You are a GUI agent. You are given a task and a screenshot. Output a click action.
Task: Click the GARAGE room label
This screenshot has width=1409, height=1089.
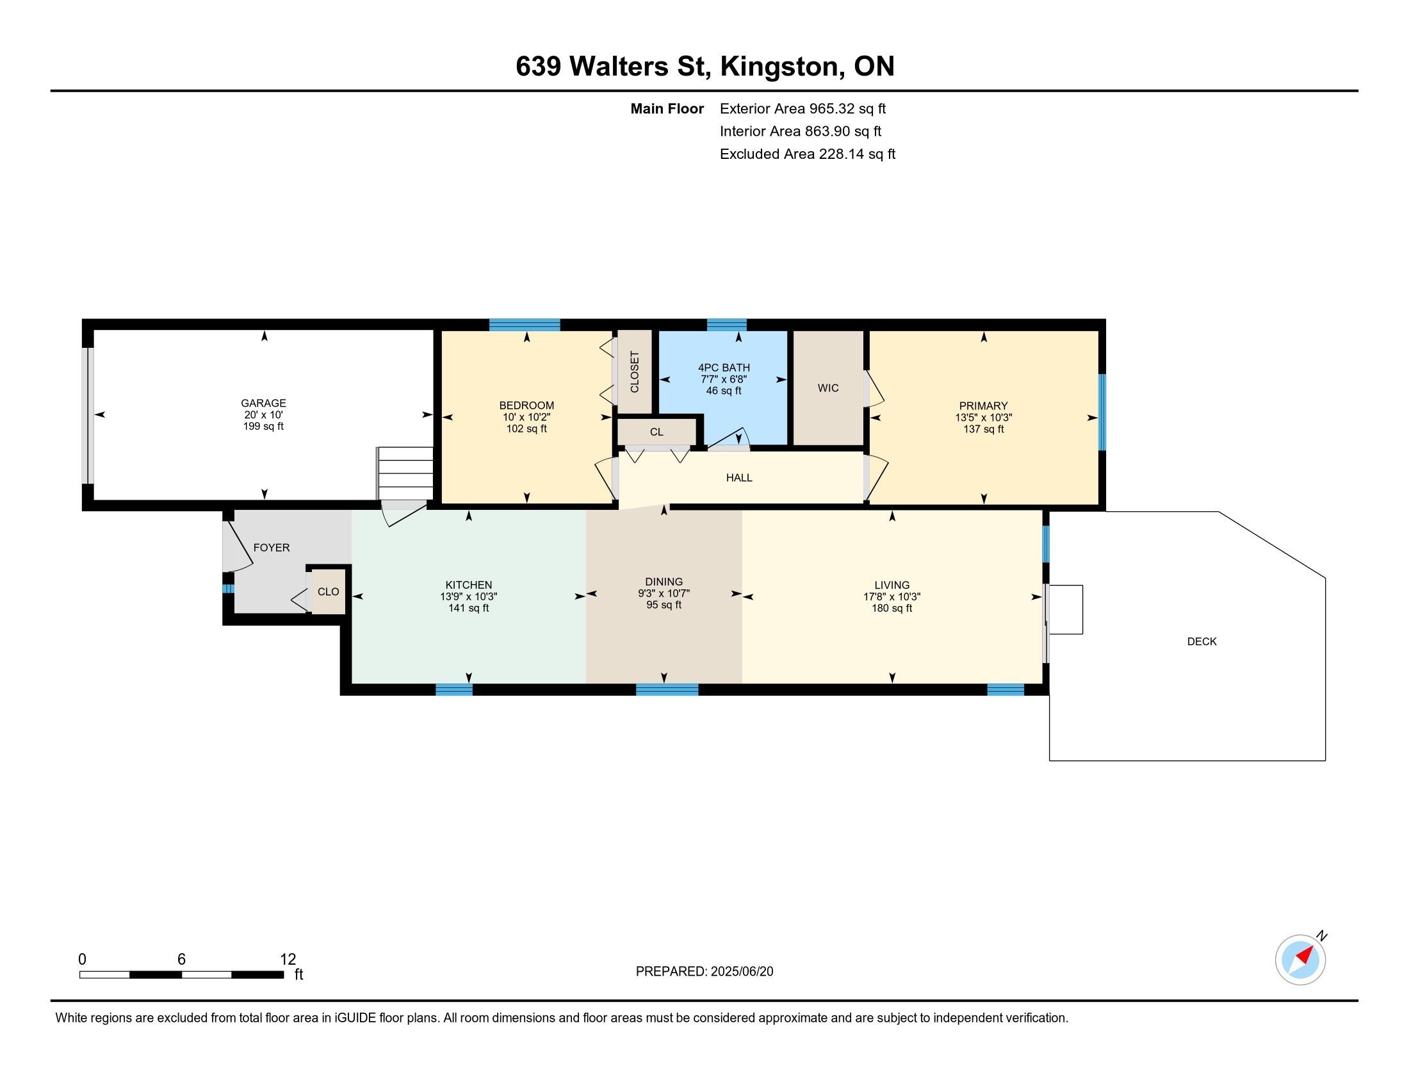(x=263, y=403)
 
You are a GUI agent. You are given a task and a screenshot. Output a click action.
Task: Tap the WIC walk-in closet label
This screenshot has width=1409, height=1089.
(x=827, y=388)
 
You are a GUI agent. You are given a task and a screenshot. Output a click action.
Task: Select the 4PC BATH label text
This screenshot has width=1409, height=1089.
(x=724, y=368)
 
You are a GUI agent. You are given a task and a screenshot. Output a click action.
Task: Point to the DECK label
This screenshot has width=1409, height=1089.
(x=1202, y=641)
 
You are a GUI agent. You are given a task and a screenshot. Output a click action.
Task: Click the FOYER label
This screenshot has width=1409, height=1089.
(x=272, y=548)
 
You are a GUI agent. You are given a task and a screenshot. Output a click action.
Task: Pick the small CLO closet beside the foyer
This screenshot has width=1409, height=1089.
(x=329, y=592)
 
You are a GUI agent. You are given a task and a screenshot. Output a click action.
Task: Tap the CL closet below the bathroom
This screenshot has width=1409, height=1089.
(x=656, y=432)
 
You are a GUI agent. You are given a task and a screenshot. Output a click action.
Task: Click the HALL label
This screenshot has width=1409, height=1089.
(x=739, y=478)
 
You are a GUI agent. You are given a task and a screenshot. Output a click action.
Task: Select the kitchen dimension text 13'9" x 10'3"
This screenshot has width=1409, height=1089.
(x=469, y=597)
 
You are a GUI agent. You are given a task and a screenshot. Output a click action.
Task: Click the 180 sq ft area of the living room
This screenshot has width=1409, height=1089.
(x=892, y=609)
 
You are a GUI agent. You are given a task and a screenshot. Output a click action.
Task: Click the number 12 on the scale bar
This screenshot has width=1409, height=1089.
(x=288, y=960)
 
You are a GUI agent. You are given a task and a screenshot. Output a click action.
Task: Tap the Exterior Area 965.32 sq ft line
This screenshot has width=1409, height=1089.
(x=803, y=109)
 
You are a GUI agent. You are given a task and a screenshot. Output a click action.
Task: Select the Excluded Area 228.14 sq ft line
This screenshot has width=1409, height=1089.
(x=808, y=154)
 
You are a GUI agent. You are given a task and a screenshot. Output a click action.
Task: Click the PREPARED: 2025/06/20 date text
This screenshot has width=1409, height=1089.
(x=704, y=972)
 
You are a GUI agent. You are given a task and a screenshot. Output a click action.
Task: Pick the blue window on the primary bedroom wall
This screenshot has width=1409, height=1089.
(x=1103, y=413)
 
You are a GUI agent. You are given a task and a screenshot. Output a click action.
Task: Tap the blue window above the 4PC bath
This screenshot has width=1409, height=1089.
(x=726, y=325)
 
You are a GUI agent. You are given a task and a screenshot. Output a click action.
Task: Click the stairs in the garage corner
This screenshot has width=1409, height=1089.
(x=405, y=473)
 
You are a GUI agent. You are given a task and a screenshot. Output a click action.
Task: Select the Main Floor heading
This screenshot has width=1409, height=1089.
(x=667, y=109)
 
